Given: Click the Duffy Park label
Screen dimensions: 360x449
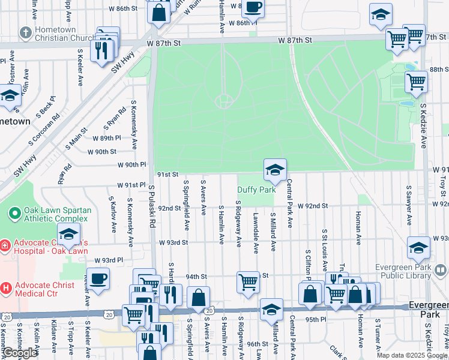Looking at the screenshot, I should (256, 190).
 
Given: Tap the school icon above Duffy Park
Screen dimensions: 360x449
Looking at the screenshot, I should (274, 170).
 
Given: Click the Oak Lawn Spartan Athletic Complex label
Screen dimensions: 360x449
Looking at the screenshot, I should (51, 215).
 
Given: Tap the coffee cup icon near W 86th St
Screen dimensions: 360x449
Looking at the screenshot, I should (253, 8).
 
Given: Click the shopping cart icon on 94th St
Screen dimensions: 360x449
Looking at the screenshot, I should (248, 281).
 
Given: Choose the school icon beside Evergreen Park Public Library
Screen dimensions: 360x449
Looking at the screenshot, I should (418, 248).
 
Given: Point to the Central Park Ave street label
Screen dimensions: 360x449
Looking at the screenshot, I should (289, 203).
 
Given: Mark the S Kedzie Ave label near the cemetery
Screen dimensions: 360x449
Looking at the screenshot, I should (423, 125).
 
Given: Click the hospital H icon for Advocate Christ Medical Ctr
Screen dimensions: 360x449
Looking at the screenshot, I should (5, 288).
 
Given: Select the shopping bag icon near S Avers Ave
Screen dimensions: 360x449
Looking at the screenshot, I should (198, 298).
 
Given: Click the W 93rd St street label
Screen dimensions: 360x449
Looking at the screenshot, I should (173, 242).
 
